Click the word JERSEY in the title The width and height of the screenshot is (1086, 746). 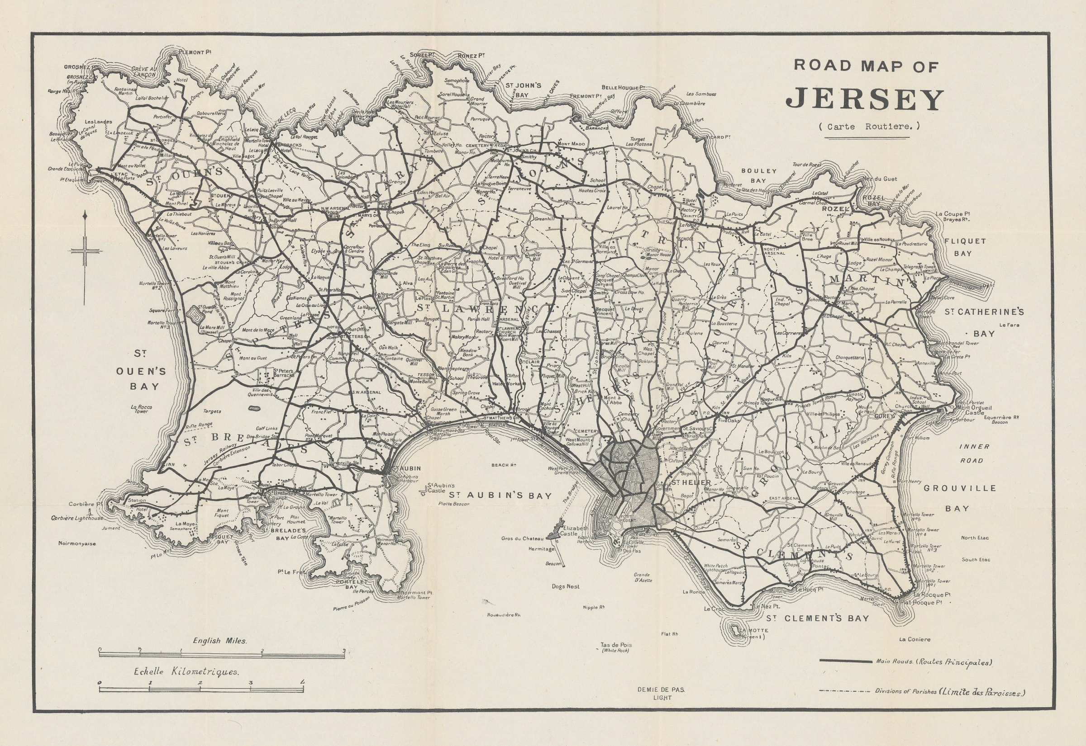tap(864, 99)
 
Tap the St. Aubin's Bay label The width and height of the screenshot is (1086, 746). tap(500, 496)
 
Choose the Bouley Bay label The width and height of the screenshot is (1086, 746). tap(758, 176)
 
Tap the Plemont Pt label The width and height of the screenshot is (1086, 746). tap(192, 52)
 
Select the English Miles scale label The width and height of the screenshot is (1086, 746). tap(219, 641)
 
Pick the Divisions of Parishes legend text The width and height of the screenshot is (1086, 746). tap(949, 705)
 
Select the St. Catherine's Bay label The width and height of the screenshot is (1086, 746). tap(984, 322)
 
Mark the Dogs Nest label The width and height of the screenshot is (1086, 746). tap(566, 586)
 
